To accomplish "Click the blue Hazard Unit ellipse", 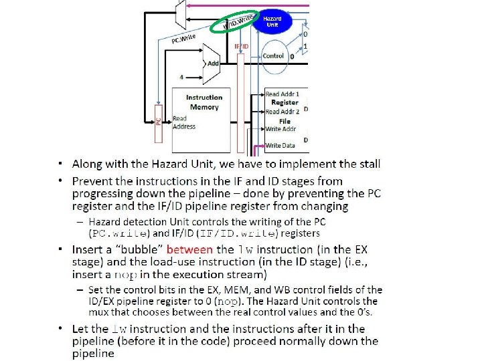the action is click(x=272, y=21).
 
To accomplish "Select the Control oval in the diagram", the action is click(x=273, y=56).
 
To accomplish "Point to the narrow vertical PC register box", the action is click(x=159, y=124).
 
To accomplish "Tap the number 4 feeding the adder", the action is click(x=181, y=76).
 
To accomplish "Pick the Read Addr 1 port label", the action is click(x=282, y=94).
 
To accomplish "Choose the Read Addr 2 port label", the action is click(x=282, y=112).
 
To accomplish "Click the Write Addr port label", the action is click(x=281, y=129).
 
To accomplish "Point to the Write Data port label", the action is click(x=280, y=145).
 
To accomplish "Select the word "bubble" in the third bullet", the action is click(x=137, y=250).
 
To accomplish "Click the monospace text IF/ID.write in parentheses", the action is click(x=243, y=233).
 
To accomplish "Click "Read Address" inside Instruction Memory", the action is click(x=184, y=122).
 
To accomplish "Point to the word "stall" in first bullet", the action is click(x=367, y=163).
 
